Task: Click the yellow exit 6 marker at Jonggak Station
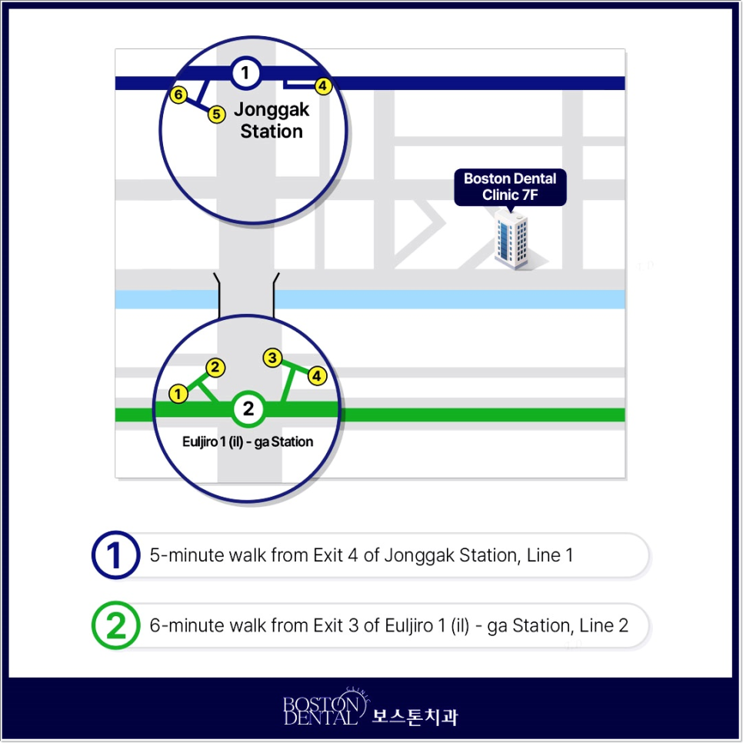178,95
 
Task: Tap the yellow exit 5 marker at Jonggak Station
217,114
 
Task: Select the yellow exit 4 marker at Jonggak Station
323,86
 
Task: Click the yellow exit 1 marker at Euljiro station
178,394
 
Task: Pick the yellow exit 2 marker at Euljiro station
215,368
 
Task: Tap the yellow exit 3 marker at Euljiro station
272,358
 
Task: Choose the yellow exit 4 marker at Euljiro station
317,376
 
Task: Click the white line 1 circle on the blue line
246,73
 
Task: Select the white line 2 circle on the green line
248,408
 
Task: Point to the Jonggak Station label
272,120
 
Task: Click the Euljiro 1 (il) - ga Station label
248,441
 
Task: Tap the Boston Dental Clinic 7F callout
511,188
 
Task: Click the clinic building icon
511,240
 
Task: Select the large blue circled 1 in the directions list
115,555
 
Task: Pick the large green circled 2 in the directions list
115,625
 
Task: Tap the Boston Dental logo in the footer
326,707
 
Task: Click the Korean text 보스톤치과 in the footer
415,717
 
